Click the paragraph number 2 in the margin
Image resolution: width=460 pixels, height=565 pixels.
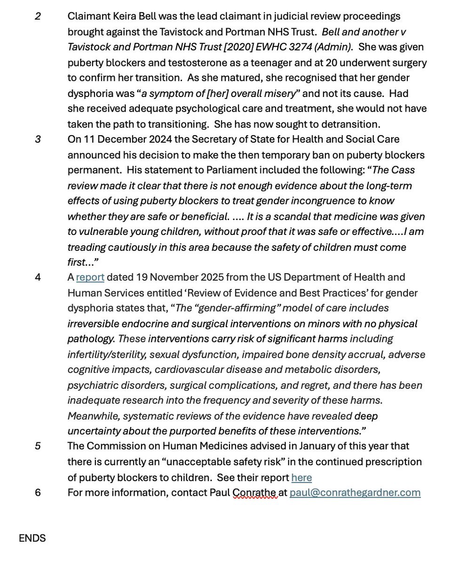click(38, 16)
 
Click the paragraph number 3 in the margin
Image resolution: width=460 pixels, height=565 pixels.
click(38, 140)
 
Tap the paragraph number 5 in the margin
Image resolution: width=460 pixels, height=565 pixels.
click(38, 446)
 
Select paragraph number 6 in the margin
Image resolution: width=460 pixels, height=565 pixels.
click(38, 492)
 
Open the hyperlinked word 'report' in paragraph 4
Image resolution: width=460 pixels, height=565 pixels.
click(90, 277)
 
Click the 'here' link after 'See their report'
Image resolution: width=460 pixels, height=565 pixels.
click(301, 477)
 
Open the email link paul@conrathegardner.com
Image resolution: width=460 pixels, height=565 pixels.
click(355, 492)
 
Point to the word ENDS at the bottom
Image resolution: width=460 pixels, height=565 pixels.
click(32, 538)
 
